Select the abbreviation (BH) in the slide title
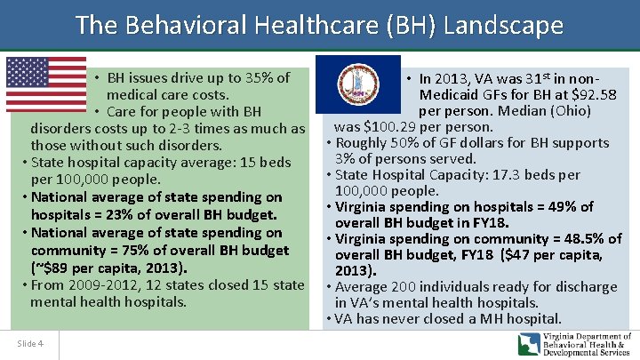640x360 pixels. (x=405, y=25)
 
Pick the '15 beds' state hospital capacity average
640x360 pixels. (x=262, y=162)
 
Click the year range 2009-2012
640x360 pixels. (x=100, y=285)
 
